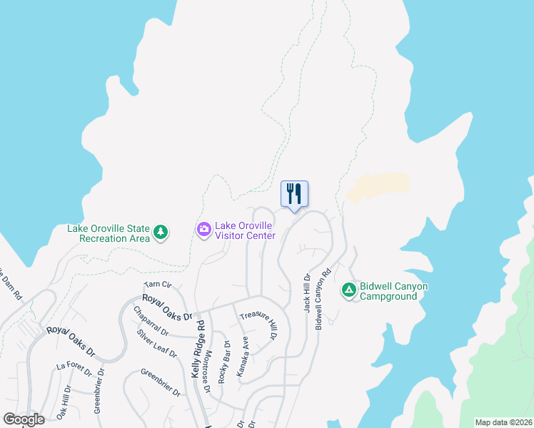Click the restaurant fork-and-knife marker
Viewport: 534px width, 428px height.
click(x=294, y=194)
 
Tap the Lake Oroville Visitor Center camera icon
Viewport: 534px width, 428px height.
click(x=203, y=229)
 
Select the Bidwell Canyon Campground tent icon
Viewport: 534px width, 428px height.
click(x=349, y=289)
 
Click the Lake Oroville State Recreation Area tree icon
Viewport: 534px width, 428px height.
click(x=161, y=231)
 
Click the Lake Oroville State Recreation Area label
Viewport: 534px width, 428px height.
click(x=109, y=233)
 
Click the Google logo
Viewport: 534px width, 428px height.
click(x=24, y=419)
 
